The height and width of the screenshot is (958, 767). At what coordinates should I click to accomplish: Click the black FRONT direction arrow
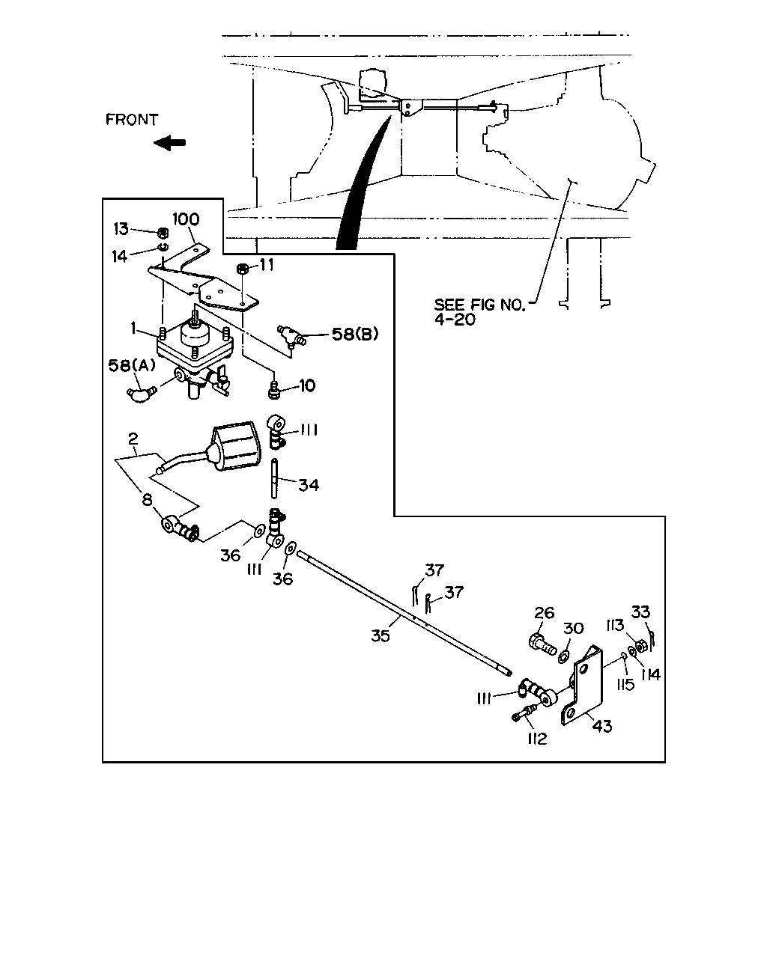(x=169, y=143)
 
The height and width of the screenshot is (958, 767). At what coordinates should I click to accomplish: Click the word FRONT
(x=132, y=120)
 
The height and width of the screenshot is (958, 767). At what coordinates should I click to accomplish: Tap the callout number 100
(x=186, y=219)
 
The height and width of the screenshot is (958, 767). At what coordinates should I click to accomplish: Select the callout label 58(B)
(x=355, y=335)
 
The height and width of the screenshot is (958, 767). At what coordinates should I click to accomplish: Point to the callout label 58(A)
(x=132, y=365)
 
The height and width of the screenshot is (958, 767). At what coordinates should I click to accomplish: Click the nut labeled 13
(x=163, y=232)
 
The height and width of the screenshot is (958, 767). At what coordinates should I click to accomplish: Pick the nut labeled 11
(x=242, y=269)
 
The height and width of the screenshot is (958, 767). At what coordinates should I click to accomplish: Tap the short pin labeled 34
(x=275, y=478)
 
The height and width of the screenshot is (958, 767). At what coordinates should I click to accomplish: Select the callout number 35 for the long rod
(x=381, y=635)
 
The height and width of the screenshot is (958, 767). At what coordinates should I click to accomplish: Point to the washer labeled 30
(x=564, y=656)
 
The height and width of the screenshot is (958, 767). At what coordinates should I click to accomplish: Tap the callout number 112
(x=536, y=739)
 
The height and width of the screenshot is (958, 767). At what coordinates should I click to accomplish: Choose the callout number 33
(x=640, y=612)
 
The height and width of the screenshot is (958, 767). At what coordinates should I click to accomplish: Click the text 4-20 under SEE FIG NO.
(x=455, y=319)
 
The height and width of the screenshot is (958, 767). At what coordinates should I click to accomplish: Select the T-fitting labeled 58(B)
(x=291, y=335)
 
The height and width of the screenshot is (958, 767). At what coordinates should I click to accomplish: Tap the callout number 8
(x=147, y=500)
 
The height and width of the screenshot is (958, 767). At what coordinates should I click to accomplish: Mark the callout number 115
(x=625, y=684)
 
